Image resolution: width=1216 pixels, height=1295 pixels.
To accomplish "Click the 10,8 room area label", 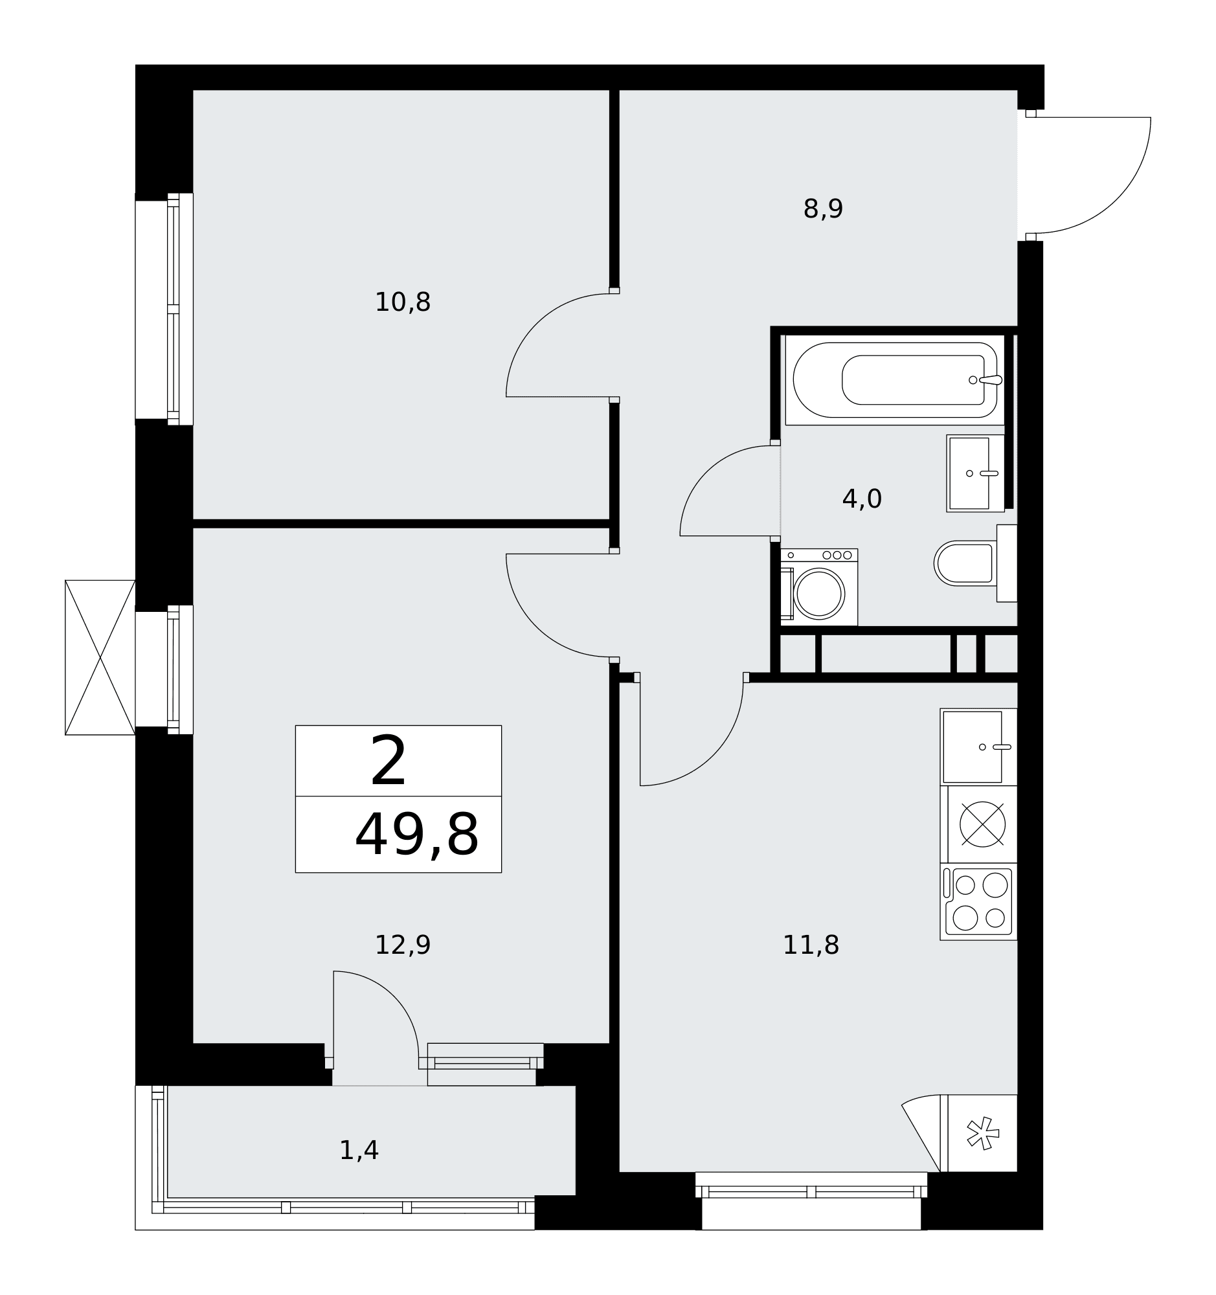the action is (403, 303).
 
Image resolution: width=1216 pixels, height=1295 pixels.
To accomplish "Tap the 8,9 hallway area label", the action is (822, 210).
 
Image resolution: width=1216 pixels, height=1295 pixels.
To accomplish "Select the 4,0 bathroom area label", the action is (862, 500).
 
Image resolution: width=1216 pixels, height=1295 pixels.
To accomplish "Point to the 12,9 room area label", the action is (403, 946).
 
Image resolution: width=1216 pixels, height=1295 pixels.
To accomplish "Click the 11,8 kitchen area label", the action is (811, 946).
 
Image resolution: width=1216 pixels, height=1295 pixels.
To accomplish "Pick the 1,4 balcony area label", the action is (359, 1151).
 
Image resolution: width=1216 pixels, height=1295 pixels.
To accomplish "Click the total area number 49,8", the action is (417, 836).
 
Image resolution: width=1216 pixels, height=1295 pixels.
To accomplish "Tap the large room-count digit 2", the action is (388, 761).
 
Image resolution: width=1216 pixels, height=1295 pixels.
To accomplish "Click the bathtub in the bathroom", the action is (895, 380).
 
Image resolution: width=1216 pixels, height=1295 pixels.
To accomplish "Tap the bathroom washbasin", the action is (975, 473).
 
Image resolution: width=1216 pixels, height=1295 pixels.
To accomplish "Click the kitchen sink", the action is (978, 747).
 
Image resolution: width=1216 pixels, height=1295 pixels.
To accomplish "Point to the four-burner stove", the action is (978, 902).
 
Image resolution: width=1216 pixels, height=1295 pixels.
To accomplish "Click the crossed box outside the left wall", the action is (100, 658).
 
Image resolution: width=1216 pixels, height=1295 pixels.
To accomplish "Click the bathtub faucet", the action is (986, 380).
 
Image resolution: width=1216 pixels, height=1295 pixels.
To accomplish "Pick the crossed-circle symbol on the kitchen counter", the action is (983, 825).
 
